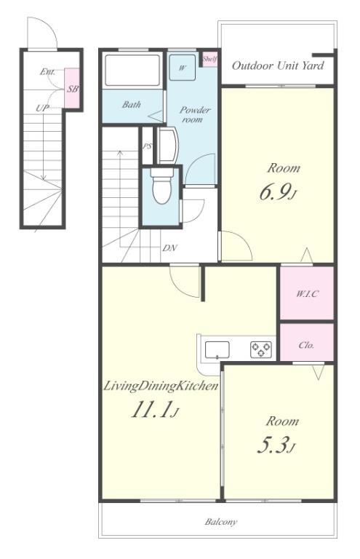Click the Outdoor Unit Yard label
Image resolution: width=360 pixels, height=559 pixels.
pos(278,66)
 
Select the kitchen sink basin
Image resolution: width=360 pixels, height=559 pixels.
pos(217,349)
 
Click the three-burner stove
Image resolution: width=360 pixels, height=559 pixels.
pos(261,349)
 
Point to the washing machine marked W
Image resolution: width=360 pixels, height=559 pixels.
pos(183,68)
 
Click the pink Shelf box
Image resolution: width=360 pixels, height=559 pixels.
pos(209,59)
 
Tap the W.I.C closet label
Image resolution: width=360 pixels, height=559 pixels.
pos(308,294)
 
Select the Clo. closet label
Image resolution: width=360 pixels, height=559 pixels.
pos(306,345)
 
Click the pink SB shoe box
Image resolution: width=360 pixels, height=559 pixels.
pos(72,88)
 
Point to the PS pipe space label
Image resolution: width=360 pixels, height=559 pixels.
pos(148,146)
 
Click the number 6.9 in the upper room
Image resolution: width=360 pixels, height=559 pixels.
pos(274,192)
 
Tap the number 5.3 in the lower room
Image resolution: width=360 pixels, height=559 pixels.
pos(273,445)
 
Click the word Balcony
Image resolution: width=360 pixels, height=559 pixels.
pos(221,522)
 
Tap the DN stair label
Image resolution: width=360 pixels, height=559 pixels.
pos(170,248)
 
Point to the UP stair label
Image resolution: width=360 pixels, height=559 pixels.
pos(42,108)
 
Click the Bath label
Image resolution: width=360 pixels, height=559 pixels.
pos(132,105)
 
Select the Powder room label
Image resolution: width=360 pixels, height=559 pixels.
pos(195,114)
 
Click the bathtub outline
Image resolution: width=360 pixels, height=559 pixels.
pos(132,70)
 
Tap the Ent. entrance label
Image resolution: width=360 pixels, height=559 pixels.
pos(47,71)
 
